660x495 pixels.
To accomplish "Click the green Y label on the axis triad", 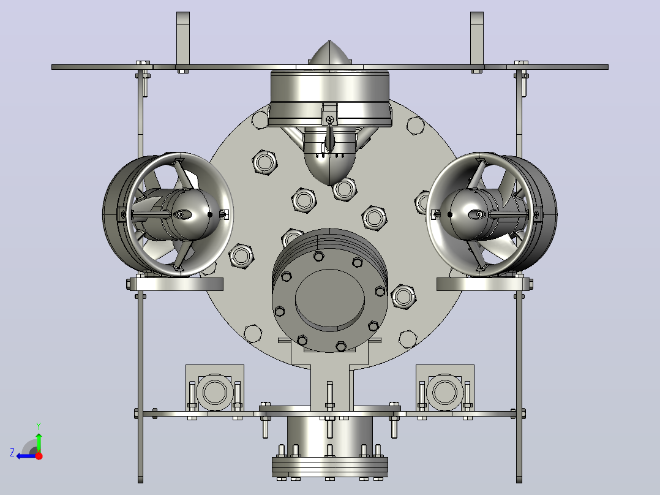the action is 39,426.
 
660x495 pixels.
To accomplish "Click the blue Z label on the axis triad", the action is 12,453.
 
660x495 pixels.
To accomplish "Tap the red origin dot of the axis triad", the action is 39,456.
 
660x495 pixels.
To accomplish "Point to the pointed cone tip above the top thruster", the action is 329,42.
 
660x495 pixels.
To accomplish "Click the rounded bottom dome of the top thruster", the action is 330,169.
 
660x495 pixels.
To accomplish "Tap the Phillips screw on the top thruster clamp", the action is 330,119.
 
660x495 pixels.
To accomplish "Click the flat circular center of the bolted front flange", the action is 329,300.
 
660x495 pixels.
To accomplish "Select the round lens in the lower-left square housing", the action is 215,392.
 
